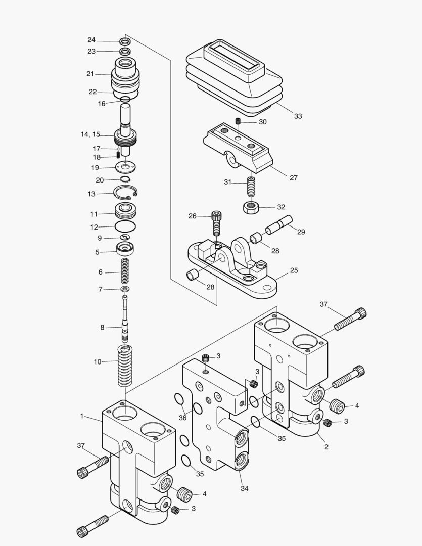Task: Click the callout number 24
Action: click(91, 40)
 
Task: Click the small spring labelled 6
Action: click(124, 272)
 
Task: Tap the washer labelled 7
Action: click(124, 289)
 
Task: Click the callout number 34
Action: click(245, 488)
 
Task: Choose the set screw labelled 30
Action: click(238, 122)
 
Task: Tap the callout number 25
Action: click(294, 270)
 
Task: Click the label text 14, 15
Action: click(90, 134)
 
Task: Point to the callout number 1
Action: click(81, 416)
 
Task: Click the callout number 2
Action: click(326, 447)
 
